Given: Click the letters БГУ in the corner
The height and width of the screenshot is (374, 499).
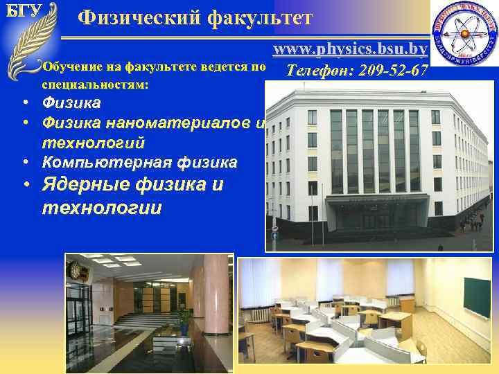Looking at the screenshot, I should tap(22, 11).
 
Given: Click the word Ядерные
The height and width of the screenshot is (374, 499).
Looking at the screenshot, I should tap(86, 185).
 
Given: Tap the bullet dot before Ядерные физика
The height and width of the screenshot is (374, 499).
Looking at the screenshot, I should tap(24, 186).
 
